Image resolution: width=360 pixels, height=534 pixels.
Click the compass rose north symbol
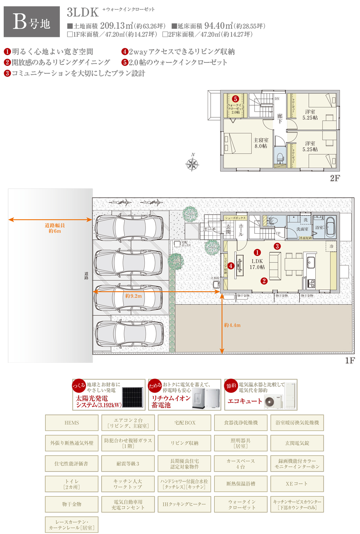coord(193,164)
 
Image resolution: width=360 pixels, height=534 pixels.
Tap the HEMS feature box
coord(72,423)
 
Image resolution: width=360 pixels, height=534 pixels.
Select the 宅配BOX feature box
coord(185,423)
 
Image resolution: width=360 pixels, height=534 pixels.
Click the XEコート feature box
coord(297,484)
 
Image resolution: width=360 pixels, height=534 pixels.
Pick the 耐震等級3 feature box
coord(128,464)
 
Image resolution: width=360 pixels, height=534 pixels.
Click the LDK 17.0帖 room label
coord(257,264)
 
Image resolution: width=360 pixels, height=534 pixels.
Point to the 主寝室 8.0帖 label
coord(261,143)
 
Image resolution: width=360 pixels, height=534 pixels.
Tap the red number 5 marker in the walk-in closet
coord(235,99)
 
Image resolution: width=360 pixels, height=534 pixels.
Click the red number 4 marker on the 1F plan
coord(231,266)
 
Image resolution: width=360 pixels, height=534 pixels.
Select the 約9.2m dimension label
coord(133,296)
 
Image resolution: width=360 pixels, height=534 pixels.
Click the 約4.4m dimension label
coord(232,325)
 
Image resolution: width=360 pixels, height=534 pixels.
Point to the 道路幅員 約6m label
coord(55,228)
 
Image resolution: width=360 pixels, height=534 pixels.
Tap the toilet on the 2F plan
coord(280,158)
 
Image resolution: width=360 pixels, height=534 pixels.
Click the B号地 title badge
coord(32,22)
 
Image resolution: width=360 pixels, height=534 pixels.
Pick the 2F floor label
coord(335,178)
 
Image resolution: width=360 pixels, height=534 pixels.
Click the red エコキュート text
coord(244,401)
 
